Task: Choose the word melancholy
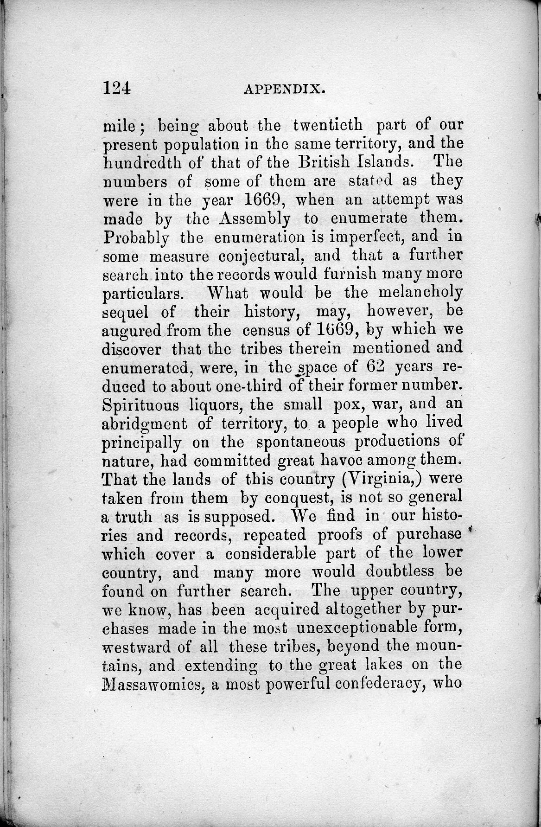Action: [420, 293]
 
